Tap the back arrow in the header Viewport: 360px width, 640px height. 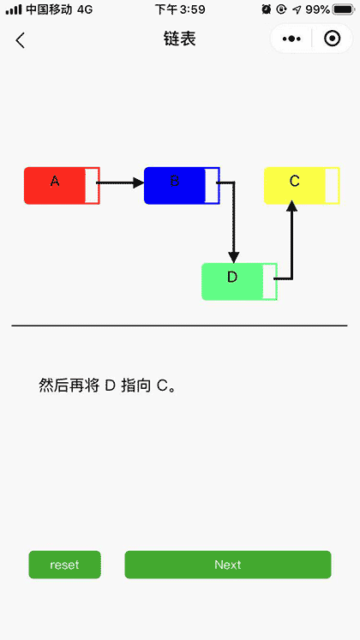click(21, 40)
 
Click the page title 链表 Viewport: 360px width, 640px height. click(180, 39)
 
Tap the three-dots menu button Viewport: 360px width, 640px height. click(291, 39)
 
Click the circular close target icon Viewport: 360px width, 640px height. click(332, 39)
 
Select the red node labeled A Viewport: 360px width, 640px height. click(55, 186)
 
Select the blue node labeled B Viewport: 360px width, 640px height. click(175, 186)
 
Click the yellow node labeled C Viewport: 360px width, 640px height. click(294, 186)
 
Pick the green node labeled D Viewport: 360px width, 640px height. click(231, 282)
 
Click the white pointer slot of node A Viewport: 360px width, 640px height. click(91, 186)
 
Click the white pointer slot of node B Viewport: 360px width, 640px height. click(211, 186)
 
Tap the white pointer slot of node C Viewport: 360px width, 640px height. click(332, 186)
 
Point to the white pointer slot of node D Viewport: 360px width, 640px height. click(269, 282)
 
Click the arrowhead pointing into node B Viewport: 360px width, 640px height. click(138, 182)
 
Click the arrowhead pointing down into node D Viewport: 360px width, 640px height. click(234, 257)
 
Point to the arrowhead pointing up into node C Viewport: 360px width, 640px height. click(292, 206)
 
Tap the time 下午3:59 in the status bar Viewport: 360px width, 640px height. click(180, 9)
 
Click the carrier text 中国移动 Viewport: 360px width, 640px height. click(50, 9)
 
